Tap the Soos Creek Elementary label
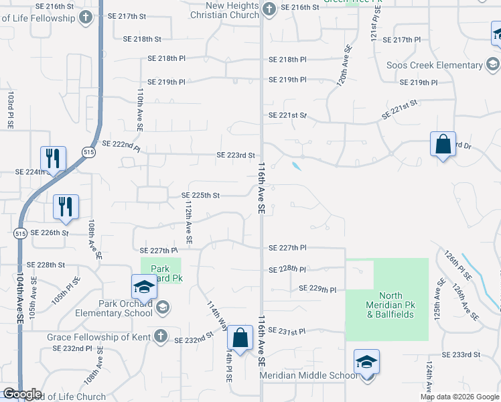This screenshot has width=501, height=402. [x=435, y=65]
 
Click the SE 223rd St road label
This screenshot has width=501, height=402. [x=236, y=155]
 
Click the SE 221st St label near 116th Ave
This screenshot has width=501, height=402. [x=287, y=115]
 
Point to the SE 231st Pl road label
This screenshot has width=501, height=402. [x=287, y=331]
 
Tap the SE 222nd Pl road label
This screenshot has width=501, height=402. [x=121, y=144]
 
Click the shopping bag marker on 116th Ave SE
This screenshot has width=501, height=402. [x=240, y=338]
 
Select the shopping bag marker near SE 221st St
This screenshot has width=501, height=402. [x=443, y=144]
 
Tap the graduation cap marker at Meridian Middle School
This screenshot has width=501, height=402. [x=366, y=362]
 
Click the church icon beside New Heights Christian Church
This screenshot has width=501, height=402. [x=269, y=9]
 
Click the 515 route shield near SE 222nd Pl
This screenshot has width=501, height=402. [x=88, y=153]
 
